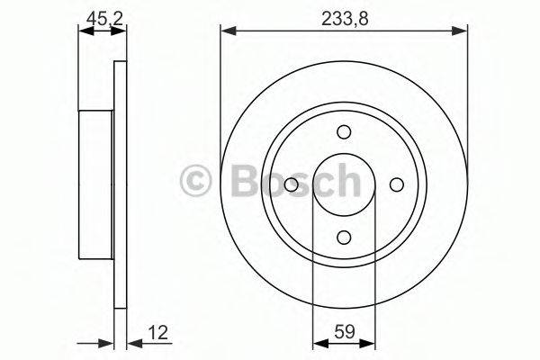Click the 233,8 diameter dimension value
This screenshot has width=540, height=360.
point(344,16)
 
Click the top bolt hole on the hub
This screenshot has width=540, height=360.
point(344,132)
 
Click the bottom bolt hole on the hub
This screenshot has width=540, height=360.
point(344,237)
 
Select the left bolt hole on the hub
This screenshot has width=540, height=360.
point(292,184)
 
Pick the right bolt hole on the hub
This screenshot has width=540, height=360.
point(396,184)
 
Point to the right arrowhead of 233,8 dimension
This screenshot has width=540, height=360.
point(462,32)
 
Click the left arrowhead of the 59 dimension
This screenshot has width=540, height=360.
point(318,342)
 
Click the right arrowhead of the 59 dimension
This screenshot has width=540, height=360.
point(370,342)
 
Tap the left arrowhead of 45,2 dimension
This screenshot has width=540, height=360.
point(84,31)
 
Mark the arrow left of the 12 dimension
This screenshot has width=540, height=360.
point(108,342)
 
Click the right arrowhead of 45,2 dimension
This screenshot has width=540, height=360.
point(120,31)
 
